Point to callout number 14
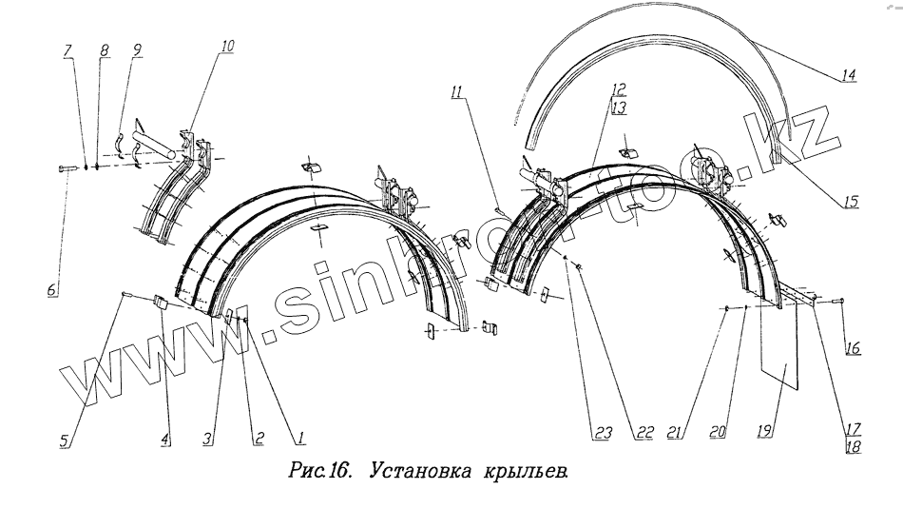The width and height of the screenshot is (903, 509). [x=847, y=74]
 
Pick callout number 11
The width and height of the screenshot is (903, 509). [x=458, y=93]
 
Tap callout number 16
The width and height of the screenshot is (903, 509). [x=852, y=349]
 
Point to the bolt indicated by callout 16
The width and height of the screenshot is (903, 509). [x=836, y=302]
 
